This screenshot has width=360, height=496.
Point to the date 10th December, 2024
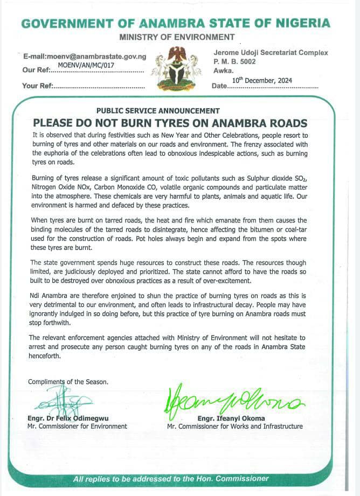(x=262, y=80)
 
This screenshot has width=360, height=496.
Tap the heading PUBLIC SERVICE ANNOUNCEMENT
(x=158, y=110)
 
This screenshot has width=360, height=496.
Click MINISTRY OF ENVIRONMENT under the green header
(x=177, y=37)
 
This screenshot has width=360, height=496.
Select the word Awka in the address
(x=223, y=70)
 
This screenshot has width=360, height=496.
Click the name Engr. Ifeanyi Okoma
(x=231, y=418)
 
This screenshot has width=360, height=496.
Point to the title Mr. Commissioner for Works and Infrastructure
(x=234, y=426)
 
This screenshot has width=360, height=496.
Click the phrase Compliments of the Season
(x=68, y=382)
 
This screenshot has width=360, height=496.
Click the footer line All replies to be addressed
(x=171, y=478)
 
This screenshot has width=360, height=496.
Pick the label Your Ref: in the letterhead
(x=37, y=86)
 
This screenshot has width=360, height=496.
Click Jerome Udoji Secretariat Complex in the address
(x=270, y=53)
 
